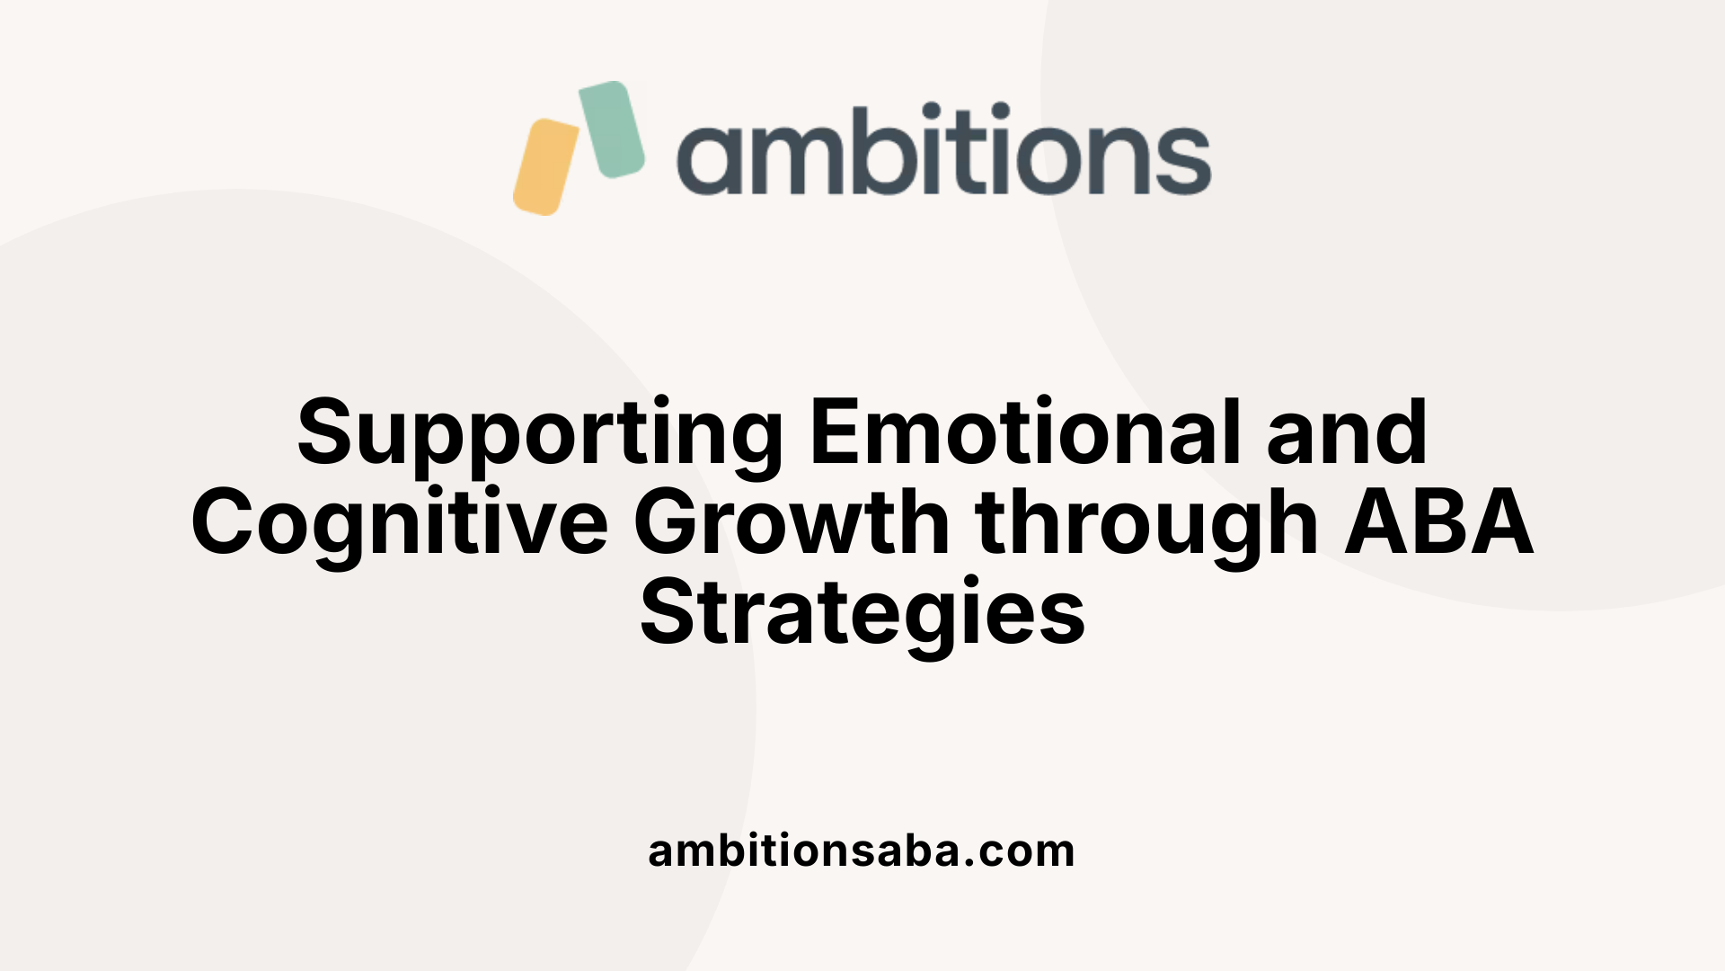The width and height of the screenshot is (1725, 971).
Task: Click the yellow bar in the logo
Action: pos(545,167)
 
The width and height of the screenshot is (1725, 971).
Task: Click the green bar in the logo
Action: pos(612,129)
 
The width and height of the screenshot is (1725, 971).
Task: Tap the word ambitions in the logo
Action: pos(943,150)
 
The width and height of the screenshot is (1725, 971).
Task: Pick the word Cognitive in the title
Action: pos(400,523)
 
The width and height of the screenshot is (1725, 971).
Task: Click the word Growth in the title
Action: pos(792,522)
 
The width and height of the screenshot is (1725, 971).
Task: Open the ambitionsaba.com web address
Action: pos(862,851)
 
